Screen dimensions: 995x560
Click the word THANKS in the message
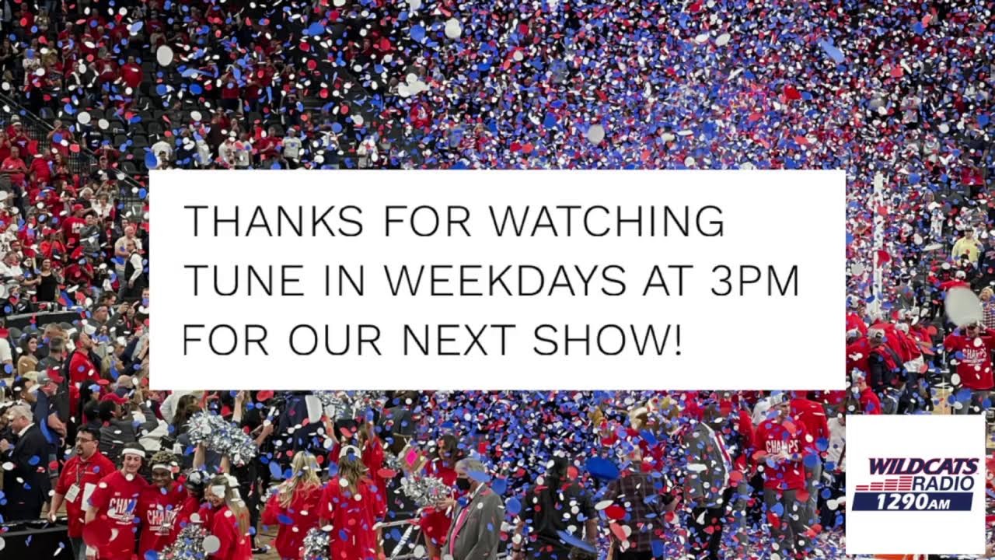click(273, 221)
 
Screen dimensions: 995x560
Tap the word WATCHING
click(607, 221)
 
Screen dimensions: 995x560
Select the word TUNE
click(244, 281)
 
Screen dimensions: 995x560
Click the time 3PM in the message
click(755, 281)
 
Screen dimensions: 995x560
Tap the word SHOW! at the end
click(607, 340)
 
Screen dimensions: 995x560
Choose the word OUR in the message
click(335, 340)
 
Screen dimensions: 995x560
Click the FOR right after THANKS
click(427, 221)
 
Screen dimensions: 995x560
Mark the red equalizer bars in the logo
click(883, 484)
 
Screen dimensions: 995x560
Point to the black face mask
click(463, 484)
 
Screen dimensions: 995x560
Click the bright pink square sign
click(411, 457)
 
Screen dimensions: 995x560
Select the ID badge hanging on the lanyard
click(72, 493)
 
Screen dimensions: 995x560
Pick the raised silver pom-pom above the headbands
click(221, 437)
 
